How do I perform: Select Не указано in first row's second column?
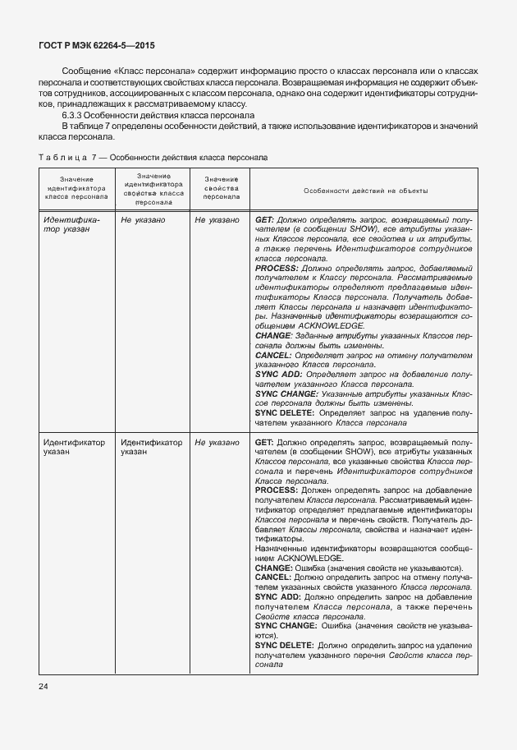[x=143, y=220]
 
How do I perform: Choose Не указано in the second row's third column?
[x=217, y=442]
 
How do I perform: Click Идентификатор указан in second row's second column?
[x=151, y=447]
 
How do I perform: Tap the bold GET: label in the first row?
[x=265, y=220]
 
